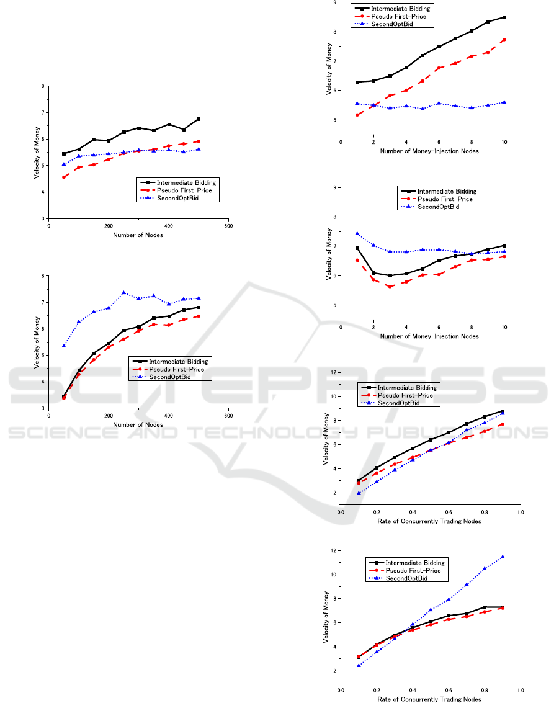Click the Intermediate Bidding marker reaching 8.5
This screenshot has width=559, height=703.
pyautogui.click(x=504, y=17)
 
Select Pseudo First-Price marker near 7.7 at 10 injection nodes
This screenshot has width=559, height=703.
pyautogui.click(x=504, y=40)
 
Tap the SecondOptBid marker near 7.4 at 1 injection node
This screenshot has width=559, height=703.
pyautogui.click(x=357, y=233)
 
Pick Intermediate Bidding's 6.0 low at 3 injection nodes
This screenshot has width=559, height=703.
pyautogui.click(x=390, y=275)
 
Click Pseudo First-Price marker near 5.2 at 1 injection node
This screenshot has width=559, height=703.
pyautogui.click(x=357, y=114)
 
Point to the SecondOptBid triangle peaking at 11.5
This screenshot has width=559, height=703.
pyautogui.click(x=503, y=557)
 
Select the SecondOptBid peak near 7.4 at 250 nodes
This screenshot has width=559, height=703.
pyautogui.click(x=123, y=292)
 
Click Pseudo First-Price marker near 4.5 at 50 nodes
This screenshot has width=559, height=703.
pyautogui.click(x=64, y=177)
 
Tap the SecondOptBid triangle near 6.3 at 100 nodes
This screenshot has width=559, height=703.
pyautogui.click(x=79, y=321)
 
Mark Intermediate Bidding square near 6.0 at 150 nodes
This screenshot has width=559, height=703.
pyautogui.click(x=94, y=140)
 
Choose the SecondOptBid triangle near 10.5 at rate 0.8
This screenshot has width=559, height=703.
pyautogui.click(x=485, y=568)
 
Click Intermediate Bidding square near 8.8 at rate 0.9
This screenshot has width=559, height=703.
pyautogui.click(x=503, y=411)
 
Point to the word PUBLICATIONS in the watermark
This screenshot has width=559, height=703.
pyautogui.click(x=459, y=432)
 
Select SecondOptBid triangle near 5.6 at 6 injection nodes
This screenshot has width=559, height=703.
pyautogui.click(x=439, y=103)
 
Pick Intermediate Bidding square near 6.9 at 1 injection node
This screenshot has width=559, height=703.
pyautogui.click(x=357, y=248)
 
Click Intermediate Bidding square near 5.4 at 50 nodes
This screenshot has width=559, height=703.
pyautogui.click(x=64, y=154)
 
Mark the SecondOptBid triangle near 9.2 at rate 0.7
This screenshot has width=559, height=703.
pyautogui.click(x=467, y=584)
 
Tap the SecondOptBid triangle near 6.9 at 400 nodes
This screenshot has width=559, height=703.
pyautogui.click(x=169, y=304)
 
